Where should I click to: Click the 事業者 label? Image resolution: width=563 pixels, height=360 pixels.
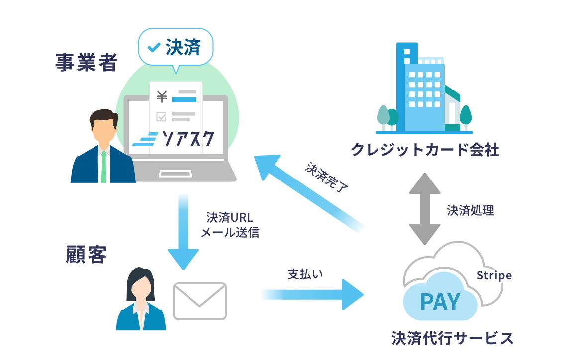pos(87,63)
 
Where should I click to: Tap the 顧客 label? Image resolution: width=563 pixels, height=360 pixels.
pos(86,254)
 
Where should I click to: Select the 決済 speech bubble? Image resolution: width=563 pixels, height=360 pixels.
pos(176,48)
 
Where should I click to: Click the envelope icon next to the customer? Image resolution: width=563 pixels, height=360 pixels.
pos(199,301)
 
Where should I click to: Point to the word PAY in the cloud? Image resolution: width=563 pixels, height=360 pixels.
pos(440,302)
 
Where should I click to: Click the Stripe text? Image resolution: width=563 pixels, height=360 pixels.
pos(494,275)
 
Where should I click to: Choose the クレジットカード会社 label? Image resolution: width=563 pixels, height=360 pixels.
pos(425,149)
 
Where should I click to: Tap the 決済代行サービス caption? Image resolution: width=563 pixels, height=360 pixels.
pos(452,338)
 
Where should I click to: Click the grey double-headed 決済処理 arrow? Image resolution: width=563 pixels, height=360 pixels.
pos(424,209)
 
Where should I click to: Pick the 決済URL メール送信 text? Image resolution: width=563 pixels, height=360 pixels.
pos(230,225)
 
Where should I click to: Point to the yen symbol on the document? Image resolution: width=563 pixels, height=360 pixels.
pos(161,96)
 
